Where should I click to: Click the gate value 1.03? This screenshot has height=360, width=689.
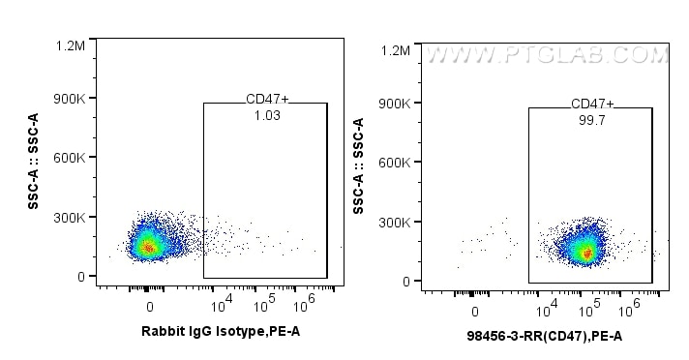(x=267, y=116)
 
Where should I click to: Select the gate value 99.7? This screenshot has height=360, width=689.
(x=592, y=120)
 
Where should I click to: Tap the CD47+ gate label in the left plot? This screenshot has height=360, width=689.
(x=267, y=100)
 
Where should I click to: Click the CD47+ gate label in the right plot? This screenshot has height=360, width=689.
(x=592, y=105)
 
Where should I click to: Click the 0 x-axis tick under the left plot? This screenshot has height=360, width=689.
(x=149, y=307)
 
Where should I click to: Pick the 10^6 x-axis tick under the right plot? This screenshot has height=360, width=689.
(x=630, y=311)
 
